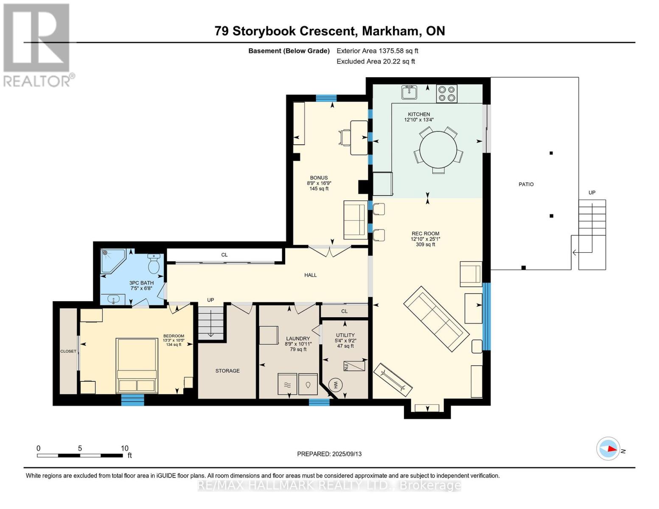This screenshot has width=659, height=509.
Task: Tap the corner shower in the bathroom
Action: coord(113,261)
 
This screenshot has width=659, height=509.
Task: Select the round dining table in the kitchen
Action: coord(438,149)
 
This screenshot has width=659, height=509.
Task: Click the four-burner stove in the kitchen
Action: coord(446,93)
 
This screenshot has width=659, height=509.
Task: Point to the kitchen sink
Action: coord(409,92)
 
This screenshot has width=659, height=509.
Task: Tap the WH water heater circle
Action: coord(336,385)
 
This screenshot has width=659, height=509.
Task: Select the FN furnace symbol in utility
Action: coord(354,366)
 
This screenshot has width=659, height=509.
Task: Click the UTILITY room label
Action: coord(345,335)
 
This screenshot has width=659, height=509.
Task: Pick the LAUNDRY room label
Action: coord(298,338)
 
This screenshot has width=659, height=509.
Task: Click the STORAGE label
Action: coord(227,371)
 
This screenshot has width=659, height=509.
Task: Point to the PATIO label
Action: coord(526,185)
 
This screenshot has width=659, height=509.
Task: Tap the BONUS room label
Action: coord(319,178)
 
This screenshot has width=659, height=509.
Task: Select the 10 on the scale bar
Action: coord(125,448)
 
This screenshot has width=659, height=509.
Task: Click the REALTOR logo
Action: coord(38,45)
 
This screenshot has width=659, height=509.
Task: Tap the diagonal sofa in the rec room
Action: coord(436,319)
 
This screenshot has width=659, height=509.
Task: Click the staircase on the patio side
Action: coord(592,234)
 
